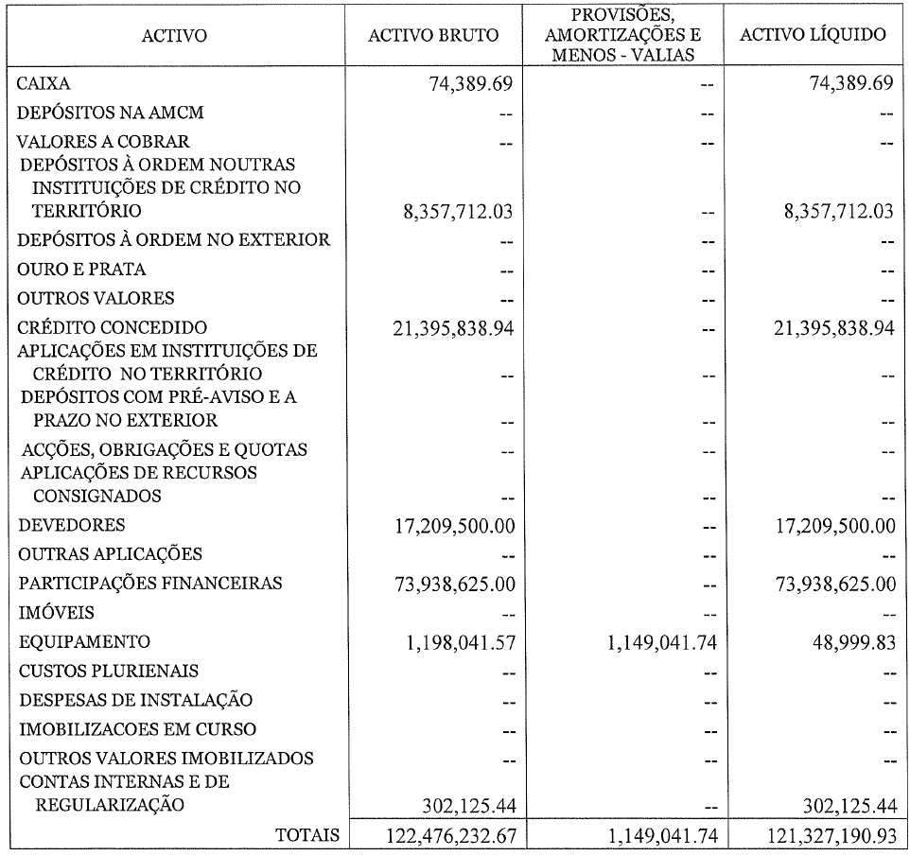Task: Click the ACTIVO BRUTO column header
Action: coord(433,36)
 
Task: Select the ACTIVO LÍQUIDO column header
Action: coord(813,36)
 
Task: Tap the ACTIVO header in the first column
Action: coord(174,36)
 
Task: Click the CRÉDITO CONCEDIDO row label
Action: coord(113,328)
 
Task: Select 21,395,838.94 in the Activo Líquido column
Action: coord(831,328)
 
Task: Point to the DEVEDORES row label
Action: coord(72,525)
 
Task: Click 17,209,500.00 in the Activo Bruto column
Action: coord(452,525)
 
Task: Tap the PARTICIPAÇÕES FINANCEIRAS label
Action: coord(150,584)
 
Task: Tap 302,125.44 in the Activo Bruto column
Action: coord(464,806)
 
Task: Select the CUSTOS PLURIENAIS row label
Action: coord(109,671)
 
